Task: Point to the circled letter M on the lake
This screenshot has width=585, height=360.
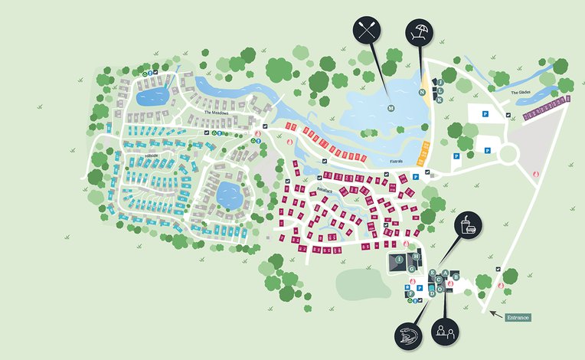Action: point(390,108)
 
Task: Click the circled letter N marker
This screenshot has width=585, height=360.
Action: point(422,92)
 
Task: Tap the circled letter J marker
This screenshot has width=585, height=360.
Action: point(440,81)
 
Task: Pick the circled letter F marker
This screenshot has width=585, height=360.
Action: point(411,293)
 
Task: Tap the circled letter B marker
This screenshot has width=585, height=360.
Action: point(456,276)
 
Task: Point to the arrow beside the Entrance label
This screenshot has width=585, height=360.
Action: point(496,314)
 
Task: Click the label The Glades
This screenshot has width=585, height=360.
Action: point(521,93)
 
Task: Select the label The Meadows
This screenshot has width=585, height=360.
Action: point(216,112)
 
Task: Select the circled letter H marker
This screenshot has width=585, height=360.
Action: point(416,256)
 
